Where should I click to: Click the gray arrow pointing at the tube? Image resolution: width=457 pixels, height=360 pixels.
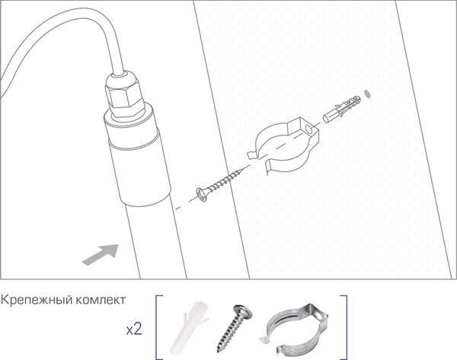(101, 254)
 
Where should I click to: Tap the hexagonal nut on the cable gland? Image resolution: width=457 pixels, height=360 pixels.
(125, 96)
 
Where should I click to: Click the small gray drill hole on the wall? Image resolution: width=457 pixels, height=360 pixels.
(367, 94)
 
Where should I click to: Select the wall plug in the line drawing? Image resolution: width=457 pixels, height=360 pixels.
(341, 108)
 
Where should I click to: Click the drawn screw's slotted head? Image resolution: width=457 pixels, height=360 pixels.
(201, 195)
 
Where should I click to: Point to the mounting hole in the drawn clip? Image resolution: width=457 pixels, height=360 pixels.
(308, 129)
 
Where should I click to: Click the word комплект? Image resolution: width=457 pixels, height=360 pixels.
(101, 300)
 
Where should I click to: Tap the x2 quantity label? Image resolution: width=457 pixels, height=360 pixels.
(134, 329)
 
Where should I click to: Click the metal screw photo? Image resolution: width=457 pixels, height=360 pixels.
(235, 328)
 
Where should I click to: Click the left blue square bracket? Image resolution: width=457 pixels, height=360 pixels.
(158, 327)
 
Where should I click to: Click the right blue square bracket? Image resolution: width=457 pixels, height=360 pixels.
(345, 327)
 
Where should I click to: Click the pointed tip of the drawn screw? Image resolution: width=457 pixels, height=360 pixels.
(241, 170)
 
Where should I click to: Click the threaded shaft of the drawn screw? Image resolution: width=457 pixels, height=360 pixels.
(223, 181)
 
